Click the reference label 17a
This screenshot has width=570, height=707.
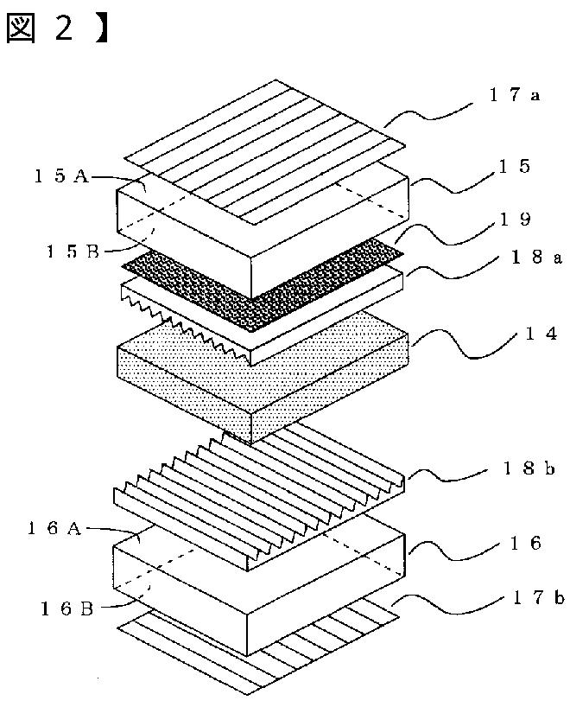(x=514, y=95)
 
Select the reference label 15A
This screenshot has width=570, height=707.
(x=61, y=175)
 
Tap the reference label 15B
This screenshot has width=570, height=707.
(x=73, y=252)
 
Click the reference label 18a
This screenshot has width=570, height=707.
(x=536, y=258)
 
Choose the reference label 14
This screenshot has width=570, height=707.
(x=541, y=334)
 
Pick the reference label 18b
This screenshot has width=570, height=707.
(x=529, y=469)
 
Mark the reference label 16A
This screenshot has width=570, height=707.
(x=54, y=528)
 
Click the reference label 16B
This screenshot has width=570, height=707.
(x=66, y=609)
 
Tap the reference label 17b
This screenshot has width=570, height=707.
(x=538, y=598)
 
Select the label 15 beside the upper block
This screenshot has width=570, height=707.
(x=514, y=167)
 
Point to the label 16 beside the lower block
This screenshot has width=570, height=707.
(x=525, y=544)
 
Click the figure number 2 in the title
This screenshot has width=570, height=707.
(x=64, y=27)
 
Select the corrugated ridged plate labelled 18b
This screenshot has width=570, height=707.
(x=259, y=496)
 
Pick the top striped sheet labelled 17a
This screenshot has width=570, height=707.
(x=264, y=152)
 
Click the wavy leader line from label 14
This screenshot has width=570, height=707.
(x=464, y=345)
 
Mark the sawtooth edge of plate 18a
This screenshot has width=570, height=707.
(x=185, y=326)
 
